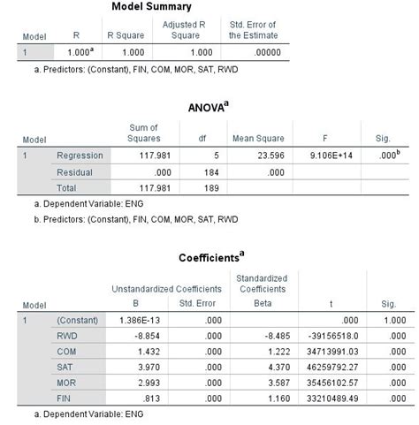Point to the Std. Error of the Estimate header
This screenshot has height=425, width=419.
(x=252, y=30)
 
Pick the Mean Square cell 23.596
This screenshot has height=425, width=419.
(x=260, y=156)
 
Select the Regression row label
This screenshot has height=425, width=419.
(x=79, y=156)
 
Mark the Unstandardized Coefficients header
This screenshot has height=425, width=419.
(x=159, y=288)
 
